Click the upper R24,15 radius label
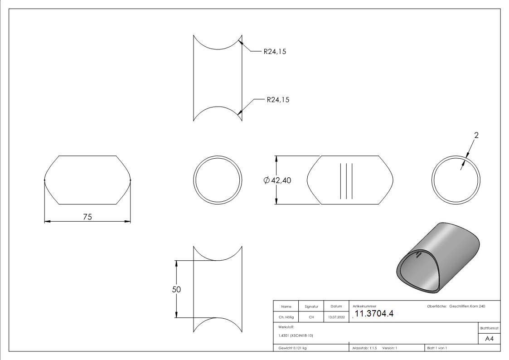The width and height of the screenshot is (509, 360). [x=275, y=52]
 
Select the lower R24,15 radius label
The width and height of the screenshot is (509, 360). [x=278, y=100]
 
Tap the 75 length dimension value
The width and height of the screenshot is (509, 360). [x=87, y=217]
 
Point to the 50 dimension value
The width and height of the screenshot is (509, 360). [x=176, y=289]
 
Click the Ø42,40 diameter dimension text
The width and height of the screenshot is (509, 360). [x=277, y=180]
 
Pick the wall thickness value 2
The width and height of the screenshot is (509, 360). [x=476, y=135]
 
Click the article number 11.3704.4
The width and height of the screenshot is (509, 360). [x=373, y=314]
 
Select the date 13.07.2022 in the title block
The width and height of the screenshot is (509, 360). [x=336, y=317]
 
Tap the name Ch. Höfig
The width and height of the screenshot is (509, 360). [x=286, y=317]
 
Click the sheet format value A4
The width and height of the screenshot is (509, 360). [x=489, y=339]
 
